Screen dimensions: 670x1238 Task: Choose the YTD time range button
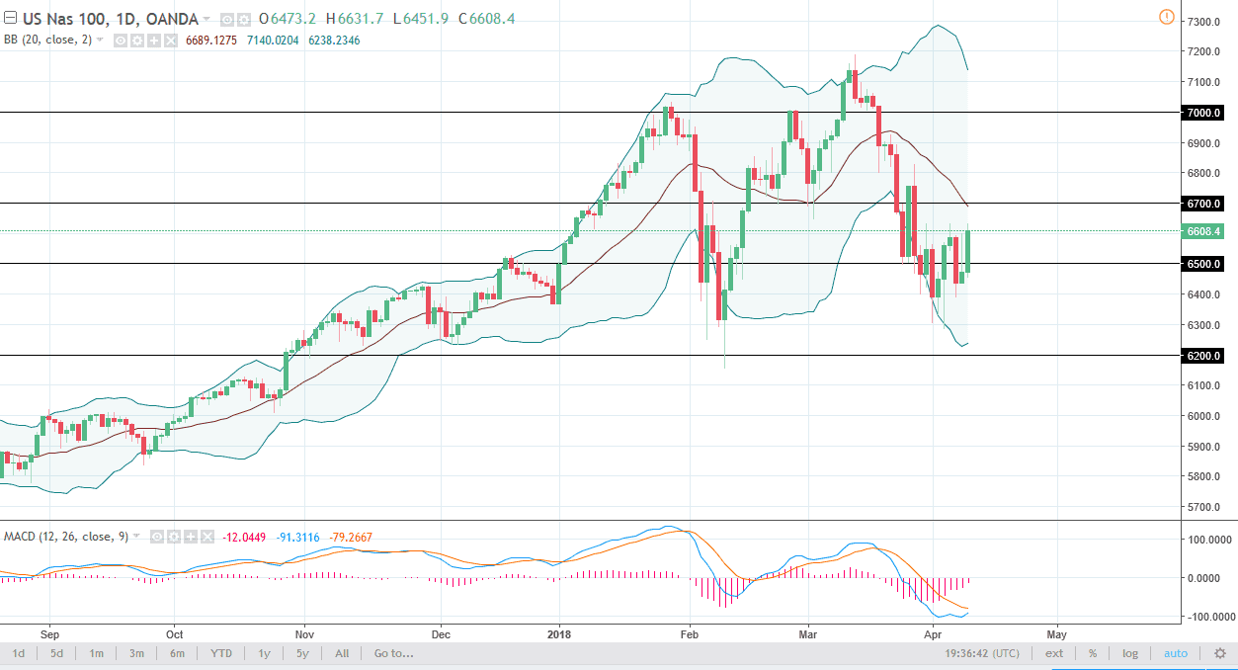(221, 653)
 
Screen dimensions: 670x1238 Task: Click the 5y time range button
(302, 653)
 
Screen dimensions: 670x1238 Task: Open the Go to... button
(393, 653)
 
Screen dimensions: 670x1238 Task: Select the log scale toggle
(1130, 653)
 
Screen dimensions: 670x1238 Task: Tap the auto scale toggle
(1176, 653)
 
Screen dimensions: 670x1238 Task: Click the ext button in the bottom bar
(1054, 653)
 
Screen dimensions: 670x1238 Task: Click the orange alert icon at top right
(1167, 17)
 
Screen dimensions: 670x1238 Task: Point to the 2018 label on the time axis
(560, 632)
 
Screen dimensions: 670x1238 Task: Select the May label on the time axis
(1056, 632)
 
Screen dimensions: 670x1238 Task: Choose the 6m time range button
(176, 653)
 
